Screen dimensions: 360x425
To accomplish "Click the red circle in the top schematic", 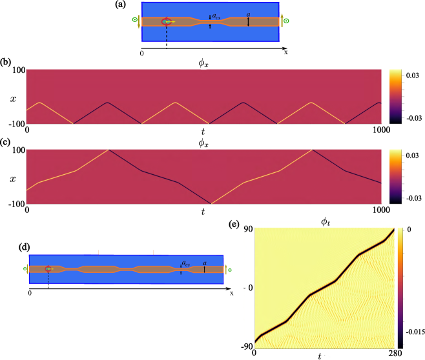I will [166, 22].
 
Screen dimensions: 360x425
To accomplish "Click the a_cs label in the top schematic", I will [216, 16].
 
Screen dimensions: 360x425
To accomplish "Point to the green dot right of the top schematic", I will [286, 21].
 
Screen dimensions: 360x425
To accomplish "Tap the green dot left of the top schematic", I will [134, 20].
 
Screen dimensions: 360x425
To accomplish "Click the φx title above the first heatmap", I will [203, 62].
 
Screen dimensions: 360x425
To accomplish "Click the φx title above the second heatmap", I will [203, 142].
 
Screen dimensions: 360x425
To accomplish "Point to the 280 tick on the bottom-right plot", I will [394, 354].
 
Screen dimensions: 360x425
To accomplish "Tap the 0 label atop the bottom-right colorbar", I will [409, 230].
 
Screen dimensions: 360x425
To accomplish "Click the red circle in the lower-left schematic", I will [48, 268].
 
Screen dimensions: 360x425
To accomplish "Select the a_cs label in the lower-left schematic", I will [185, 263].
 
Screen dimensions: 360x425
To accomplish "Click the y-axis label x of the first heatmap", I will [12, 99].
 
